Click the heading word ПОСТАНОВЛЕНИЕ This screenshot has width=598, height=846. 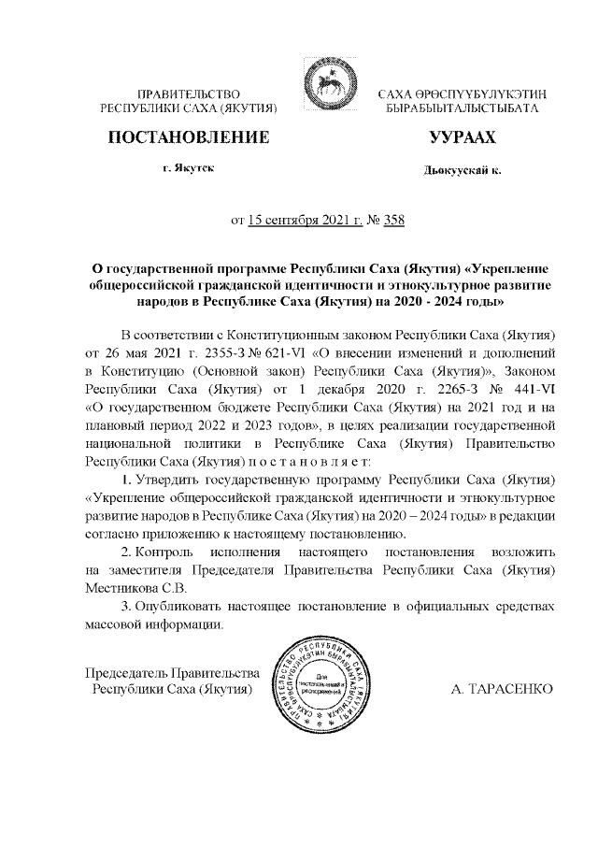click(191, 138)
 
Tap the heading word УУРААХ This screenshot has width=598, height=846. click(463, 138)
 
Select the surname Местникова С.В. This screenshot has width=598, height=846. click(136, 587)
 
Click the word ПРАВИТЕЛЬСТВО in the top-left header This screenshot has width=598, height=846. click(190, 94)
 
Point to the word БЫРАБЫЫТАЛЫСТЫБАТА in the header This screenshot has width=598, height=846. click(463, 109)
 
